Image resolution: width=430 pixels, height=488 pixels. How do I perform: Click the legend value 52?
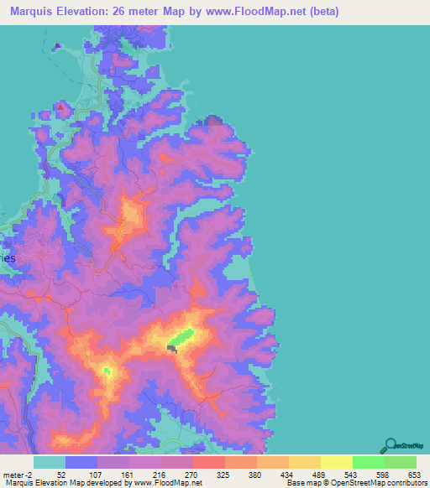(x=61, y=474)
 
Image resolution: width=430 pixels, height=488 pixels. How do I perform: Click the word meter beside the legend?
(x=13, y=474)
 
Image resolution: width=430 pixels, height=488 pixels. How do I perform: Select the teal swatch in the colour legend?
(x=50, y=461)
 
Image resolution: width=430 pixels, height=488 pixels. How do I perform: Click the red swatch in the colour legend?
(x=208, y=461)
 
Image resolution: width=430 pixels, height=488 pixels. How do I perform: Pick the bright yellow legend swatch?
(x=336, y=461)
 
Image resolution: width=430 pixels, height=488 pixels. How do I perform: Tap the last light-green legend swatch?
(x=400, y=461)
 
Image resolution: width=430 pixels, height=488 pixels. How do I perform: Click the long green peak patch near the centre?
(x=181, y=338)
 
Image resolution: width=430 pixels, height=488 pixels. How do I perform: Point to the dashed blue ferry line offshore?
(x=57, y=50)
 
